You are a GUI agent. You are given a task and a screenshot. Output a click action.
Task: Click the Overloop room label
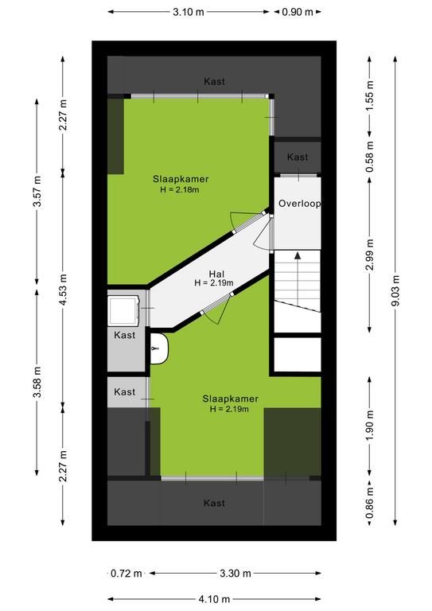click(299, 204)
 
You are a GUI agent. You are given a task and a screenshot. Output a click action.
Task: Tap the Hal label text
click(216, 274)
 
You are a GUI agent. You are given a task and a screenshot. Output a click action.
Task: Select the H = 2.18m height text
click(180, 190)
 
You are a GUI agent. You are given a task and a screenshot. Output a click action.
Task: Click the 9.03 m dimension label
click(395, 290)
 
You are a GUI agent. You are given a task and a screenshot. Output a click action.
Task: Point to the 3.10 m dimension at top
click(189, 12)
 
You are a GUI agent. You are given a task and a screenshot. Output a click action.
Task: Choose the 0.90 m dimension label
click(298, 12)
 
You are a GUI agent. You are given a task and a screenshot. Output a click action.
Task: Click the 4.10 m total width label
click(214, 599)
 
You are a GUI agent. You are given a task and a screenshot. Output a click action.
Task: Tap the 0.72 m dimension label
click(126, 573)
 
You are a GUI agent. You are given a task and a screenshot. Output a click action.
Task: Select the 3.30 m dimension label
click(235, 573)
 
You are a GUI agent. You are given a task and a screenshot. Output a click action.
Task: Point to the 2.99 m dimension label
click(370, 255)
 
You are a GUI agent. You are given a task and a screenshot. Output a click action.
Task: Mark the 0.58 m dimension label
click(370, 156)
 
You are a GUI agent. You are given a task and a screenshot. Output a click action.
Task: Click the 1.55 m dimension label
click(370, 95)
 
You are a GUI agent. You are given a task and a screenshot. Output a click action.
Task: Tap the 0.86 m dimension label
click(370, 503)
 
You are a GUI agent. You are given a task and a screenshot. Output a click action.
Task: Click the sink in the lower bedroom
click(159, 348)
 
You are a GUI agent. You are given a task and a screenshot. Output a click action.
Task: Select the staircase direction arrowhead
click(298, 255)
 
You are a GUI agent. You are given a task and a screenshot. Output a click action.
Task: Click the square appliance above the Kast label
click(124, 310)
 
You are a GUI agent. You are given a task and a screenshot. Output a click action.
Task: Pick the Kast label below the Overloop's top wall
click(298, 157)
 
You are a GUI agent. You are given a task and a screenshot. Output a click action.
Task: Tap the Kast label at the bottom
click(214, 503)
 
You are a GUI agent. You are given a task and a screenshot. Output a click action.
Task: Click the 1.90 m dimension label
click(370, 425)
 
